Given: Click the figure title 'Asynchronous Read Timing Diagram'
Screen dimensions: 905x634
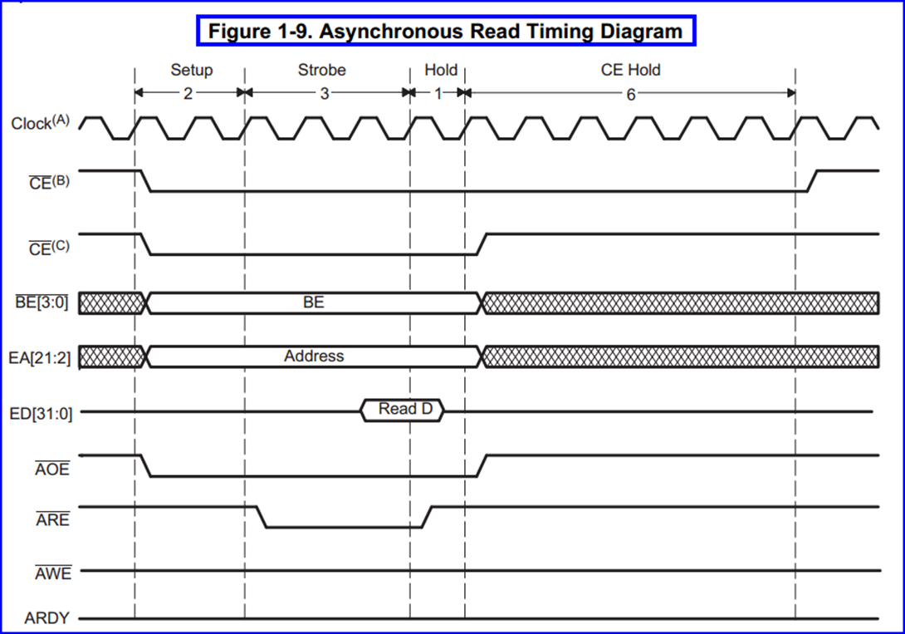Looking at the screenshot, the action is click(x=445, y=32).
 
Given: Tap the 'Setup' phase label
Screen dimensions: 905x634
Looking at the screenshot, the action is click(x=192, y=70).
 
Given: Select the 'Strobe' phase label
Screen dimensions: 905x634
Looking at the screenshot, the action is click(x=322, y=70).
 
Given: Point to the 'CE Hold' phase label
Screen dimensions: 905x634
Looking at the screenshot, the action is click(x=630, y=70).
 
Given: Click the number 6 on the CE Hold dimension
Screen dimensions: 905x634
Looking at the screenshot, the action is click(x=630, y=94).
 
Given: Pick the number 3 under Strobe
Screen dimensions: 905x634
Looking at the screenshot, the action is click(x=325, y=93).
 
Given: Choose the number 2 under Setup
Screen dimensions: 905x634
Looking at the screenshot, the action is click(x=188, y=93).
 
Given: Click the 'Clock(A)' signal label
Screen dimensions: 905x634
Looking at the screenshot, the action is click(x=40, y=124).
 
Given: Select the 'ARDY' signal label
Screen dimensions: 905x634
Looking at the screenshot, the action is click(x=47, y=619).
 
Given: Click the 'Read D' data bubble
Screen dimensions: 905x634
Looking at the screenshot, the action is click(x=404, y=410).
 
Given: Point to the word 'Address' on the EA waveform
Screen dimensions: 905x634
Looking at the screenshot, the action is click(x=314, y=356).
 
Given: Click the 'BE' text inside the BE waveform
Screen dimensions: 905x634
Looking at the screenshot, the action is click(x=313, y=302).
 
